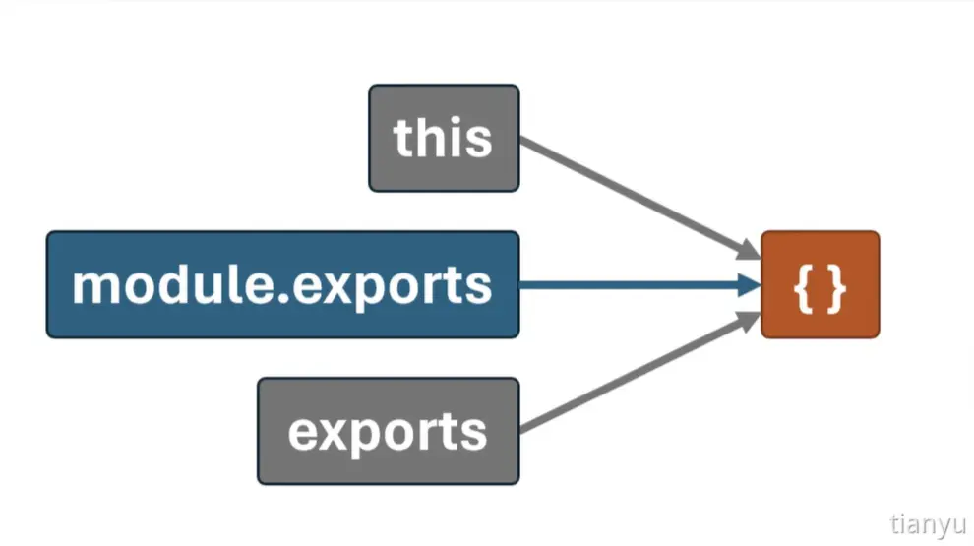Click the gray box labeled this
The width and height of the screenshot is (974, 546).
[444, 138]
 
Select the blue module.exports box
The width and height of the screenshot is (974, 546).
[282, 284]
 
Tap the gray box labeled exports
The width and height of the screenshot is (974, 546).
[389, 431]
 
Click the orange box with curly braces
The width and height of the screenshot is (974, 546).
[820, 284]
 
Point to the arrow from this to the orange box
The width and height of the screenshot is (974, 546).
[639, 198]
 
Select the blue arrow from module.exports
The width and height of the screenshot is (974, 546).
[639, 285]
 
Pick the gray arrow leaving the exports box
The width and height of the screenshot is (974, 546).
[639, 372]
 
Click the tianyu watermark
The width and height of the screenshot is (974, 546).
[928, 525]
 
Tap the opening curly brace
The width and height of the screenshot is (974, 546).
[804, 288]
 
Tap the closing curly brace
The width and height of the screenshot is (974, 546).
[836, 288]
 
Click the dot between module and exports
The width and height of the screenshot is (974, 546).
[284, 299]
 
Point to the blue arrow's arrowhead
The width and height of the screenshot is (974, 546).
[749, 285]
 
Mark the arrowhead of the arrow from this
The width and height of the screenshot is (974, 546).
[749, 250]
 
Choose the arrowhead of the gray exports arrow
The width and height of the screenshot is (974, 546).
[749, 321]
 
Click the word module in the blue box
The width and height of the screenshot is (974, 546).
[174, 284]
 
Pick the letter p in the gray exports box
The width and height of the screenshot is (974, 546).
[369, 438]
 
